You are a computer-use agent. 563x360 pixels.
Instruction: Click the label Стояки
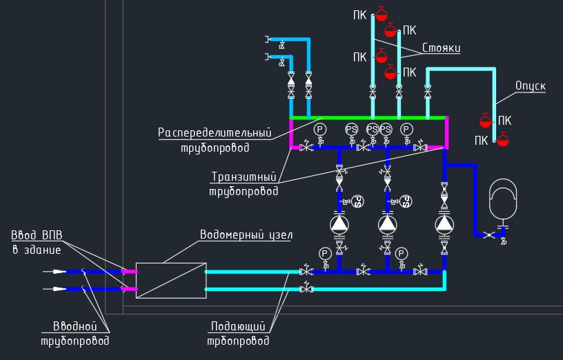pos(440,48)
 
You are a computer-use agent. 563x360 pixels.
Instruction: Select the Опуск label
pos(531,86)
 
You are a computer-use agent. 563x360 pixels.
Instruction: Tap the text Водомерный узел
pos(246,235)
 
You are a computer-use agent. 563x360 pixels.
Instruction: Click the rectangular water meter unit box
pos(171,280)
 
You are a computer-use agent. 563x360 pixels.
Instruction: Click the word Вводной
pos(75,326)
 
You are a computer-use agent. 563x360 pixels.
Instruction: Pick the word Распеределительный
pos(214,132)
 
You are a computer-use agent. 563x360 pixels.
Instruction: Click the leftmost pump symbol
pos(339,224)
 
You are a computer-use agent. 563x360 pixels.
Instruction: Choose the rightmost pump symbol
pos(445,224)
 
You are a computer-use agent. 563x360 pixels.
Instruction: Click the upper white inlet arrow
pos(59,272)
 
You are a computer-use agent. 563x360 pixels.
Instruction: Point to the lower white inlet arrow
pos(59,289)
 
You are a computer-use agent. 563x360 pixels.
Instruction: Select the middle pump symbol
pos(387,224)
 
